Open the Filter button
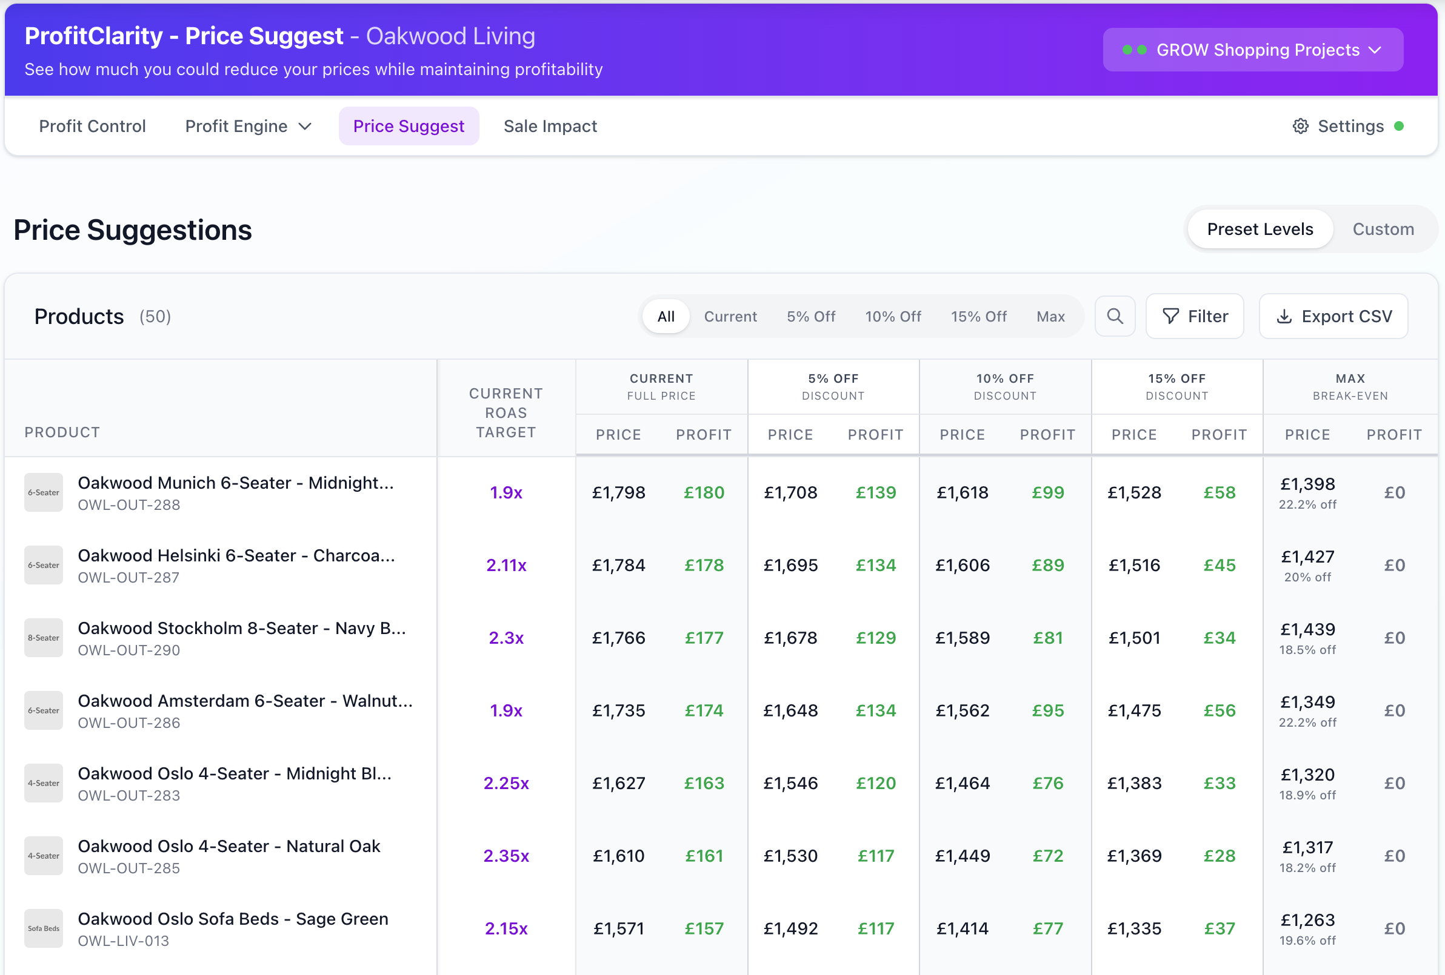point(1195,316)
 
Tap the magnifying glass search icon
point(1115,316)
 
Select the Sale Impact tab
point(550,126)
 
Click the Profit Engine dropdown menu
point(247,126)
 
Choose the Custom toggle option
point(1383,230)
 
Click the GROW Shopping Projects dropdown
point(1252,50)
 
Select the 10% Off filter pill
point(893,316)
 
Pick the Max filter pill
point(1050,316)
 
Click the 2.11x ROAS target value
point(506,565)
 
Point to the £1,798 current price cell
point(618,492)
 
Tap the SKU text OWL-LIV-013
point(123,941)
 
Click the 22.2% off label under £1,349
point(1307,722)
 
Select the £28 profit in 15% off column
point(1220,856)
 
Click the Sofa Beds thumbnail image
point(44,928)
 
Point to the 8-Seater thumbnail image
point(44,638)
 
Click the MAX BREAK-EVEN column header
point(1350,386)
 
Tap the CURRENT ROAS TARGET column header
point(506,412)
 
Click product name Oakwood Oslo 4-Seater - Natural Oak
point(229,846)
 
